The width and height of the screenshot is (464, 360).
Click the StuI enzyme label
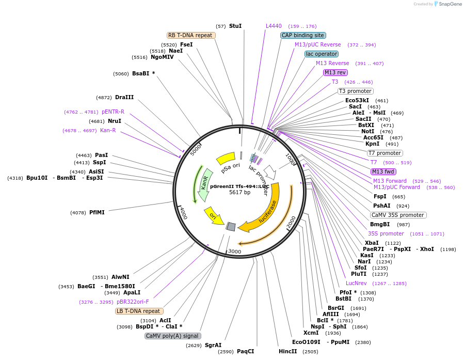coord(235,26)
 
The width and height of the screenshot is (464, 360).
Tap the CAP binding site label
coord(303,35)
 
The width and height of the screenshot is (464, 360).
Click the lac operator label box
coord(322,54)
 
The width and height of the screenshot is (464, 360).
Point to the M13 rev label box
coord(335,72)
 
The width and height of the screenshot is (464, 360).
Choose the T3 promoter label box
coord(355,91)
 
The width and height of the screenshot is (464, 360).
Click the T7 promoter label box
coord(385,153)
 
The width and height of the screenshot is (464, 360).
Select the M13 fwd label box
coord(383,171)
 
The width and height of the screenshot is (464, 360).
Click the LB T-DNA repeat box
coord(139,311)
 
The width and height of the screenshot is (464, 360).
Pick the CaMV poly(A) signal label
coord(172,336)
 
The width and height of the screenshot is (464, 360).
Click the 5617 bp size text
coord(239,192)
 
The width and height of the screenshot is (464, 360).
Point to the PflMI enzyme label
coord(97,212)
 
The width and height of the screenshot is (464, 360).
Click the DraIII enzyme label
coord(124,97)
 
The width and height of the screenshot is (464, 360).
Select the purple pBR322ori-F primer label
coord(133,302)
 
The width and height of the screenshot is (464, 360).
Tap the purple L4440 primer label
coord(274,26)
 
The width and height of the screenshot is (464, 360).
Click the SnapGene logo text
coord(450,4)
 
